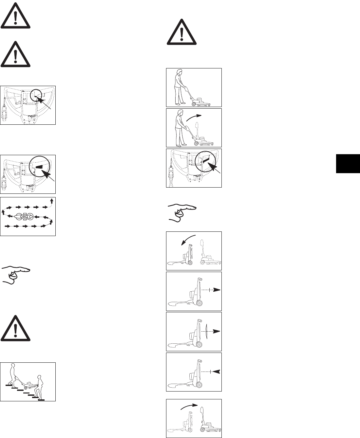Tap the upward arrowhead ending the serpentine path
51,200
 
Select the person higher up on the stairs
13,373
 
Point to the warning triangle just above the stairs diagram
15,328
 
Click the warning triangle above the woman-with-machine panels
181,32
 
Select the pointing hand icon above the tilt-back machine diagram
182,212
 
